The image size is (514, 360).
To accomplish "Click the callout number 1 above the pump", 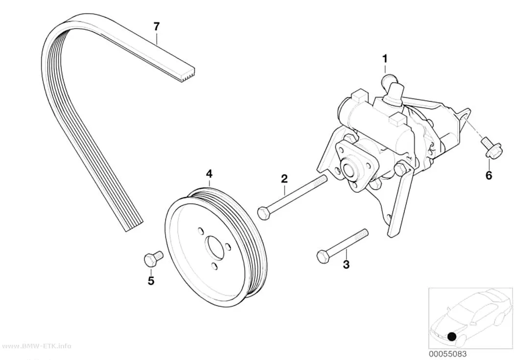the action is point(385,59).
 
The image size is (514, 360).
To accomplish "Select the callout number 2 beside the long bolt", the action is point(284,179).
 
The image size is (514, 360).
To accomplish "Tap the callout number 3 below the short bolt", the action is point(346,264).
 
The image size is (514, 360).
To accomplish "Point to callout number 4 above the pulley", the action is point(209,174).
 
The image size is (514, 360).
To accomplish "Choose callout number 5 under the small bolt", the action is point(151,281).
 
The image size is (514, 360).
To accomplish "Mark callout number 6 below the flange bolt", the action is point(489,176).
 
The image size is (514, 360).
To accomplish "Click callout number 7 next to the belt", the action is point(156,26).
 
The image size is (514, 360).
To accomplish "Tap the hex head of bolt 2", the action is point(263,213).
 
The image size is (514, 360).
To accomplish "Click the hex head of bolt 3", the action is point(323,256).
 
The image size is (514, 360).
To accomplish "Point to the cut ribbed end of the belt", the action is point(188,74).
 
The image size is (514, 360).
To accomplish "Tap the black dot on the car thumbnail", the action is point(452,336).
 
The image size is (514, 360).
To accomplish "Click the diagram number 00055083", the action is point(448,354).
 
